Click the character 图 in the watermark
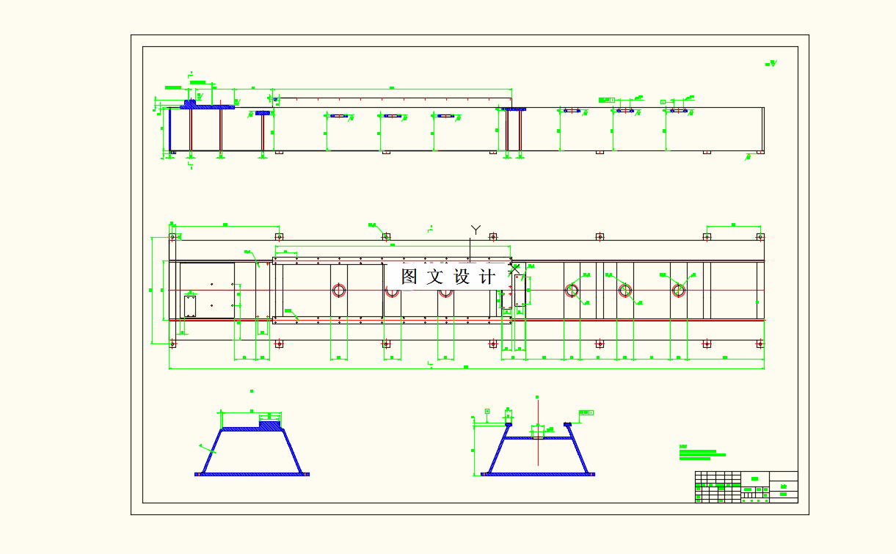(x=409, y=277)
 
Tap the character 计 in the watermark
(x=487, y=277)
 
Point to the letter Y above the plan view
(x=476, y=230)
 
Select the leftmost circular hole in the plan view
(x=339, y=290)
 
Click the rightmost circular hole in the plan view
(x=679, y=290)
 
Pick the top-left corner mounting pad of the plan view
(x=173, y=237)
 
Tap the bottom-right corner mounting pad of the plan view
(x=760, y=343)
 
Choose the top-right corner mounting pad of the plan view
(x=760, y=237)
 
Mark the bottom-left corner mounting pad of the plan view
(x=173, y=343)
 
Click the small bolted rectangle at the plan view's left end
(x=190, y=305)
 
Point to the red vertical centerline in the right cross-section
(x=538, y=440)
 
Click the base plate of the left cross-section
(x=252, y=474)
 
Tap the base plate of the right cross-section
(x=538, y=474)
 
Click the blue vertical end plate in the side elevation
(x=170, y=129)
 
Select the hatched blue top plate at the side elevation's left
(x=208, y=106)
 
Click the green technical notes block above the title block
(x=701, y=453)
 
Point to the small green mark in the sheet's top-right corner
(x=771, y=64)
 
